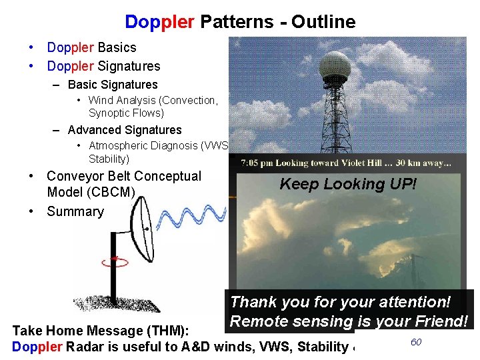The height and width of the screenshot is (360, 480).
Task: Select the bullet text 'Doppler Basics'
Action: [91, 47]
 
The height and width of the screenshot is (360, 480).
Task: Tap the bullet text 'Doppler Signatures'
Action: [103, 66]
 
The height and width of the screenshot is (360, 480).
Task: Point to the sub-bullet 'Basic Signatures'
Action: [113, 85]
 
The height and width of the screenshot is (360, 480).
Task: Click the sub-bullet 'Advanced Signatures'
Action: [125, 130]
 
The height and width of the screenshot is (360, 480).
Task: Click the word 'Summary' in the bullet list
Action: [75, 211]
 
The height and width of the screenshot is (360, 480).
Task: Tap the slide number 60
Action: [416, 342]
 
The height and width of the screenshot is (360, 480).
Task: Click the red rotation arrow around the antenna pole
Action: [115, 260]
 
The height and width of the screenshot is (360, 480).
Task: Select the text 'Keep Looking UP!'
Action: [347, 184]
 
